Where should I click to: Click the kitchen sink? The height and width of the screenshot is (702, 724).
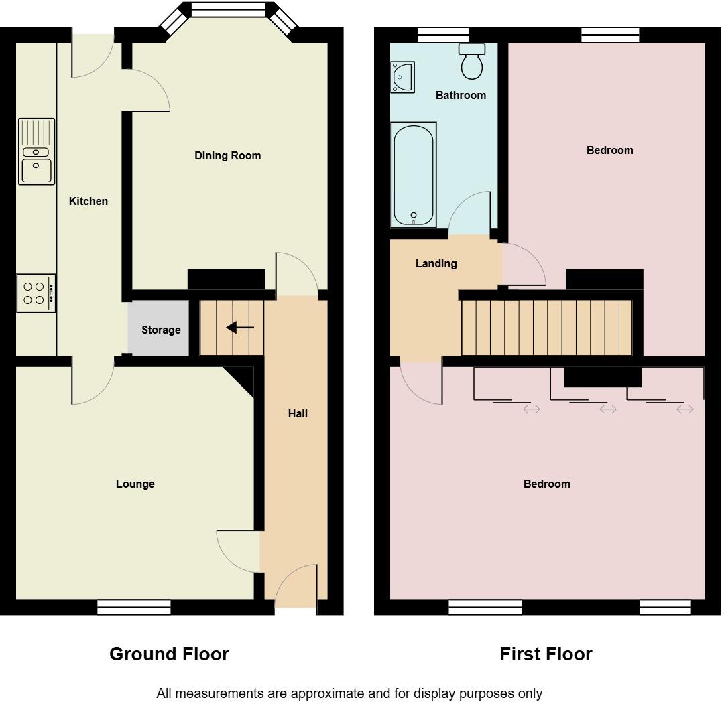point(37,151)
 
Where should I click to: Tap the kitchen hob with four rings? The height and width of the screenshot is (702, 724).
point(36,293)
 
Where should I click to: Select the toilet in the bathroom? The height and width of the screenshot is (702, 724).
point(473,62)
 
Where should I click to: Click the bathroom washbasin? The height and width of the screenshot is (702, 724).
point(402,76)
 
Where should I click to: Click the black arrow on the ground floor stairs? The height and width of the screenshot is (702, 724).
point(240,328)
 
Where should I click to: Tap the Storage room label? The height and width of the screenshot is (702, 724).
point(161,330)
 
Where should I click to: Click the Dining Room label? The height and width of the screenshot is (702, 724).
point(227,155)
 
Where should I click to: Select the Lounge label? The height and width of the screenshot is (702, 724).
point(135,484)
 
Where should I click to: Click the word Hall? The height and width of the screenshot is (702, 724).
point(298,413)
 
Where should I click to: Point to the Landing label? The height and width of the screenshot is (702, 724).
point(436,263)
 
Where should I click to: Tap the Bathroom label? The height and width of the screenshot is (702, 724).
point(461,95)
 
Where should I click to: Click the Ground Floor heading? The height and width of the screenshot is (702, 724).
point(169,654)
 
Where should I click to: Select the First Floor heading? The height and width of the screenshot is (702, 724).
point(546,654)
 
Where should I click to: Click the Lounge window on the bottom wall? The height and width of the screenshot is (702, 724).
point(134,607)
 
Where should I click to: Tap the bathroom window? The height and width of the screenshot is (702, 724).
point(442,35)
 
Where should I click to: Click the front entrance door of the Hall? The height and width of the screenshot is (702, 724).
point(296,587)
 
